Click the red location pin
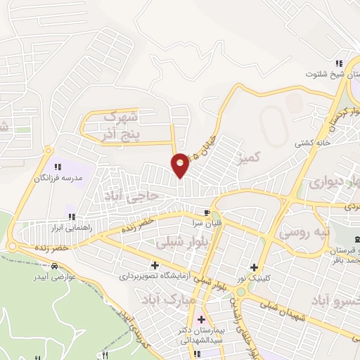coord(181,165)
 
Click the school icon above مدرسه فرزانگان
coord(57,167)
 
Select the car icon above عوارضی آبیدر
coord(54,266)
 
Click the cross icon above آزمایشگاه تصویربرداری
coord(155,265)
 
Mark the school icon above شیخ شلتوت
coord(338,62)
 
